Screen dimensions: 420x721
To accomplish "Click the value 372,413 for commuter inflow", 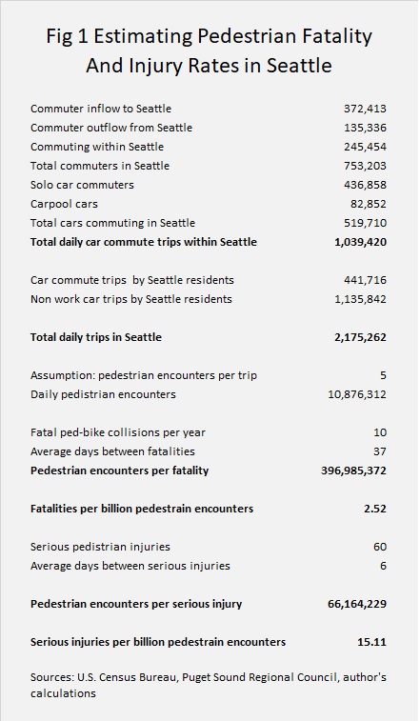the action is tap(365, 109).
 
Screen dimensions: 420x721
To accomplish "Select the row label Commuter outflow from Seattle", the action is tap(111, 128).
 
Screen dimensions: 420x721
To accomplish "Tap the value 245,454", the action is tap(365, 147).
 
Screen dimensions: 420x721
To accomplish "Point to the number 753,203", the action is tap(365, 166).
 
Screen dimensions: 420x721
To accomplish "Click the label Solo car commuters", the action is tap(82, 185).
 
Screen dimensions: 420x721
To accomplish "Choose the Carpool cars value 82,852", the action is tap(368, 204).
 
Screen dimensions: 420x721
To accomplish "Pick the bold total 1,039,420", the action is tap(360, 242).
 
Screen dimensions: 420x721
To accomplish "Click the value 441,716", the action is tap(365, 280).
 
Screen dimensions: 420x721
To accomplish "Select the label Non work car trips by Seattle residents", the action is tap(131, 299).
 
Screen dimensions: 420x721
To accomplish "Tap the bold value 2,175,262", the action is tap(360, 337).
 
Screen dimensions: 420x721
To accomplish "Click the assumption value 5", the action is tap(383, 375).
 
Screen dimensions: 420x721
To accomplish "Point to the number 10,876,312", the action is tap(357, 394).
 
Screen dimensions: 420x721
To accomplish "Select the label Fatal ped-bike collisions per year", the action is tap(118, 432).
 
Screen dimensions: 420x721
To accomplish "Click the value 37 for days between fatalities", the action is tap(380, 451).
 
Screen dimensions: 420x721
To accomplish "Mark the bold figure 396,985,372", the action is tap(353, 471).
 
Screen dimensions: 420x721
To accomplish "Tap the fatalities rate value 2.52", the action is tap(376, 509).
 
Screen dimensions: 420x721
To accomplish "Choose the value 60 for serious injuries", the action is tap(380, 547).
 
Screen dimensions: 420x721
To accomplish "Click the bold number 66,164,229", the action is tap(357, 604).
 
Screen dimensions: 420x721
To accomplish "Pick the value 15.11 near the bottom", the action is tap(371, 642).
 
